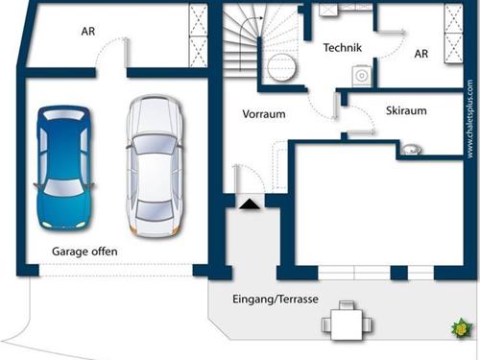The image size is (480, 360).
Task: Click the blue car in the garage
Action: point(64,168)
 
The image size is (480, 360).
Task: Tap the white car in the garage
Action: point(155,166)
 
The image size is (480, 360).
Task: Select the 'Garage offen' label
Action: point(84,252)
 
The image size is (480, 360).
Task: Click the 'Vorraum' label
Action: point(264,114)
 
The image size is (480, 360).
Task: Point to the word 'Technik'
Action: point(343,48)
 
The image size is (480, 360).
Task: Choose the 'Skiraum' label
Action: point(406,110)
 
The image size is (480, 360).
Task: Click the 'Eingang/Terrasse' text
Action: point(276,300)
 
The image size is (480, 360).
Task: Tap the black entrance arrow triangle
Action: point(250,204)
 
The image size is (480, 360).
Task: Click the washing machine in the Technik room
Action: point(362,76)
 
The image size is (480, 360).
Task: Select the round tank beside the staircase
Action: point(281,67)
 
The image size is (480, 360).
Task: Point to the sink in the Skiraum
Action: point(411,149)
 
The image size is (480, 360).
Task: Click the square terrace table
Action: point(347,324)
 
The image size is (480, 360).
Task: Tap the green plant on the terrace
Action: point(462,328)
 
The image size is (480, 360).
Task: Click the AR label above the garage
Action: point(88,32)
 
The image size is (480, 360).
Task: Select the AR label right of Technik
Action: point(421,54)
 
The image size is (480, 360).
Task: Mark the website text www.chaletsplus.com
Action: point(469,118)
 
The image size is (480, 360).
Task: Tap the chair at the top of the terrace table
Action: point(347,305)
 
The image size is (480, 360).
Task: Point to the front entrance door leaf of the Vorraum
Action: point(237,179)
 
